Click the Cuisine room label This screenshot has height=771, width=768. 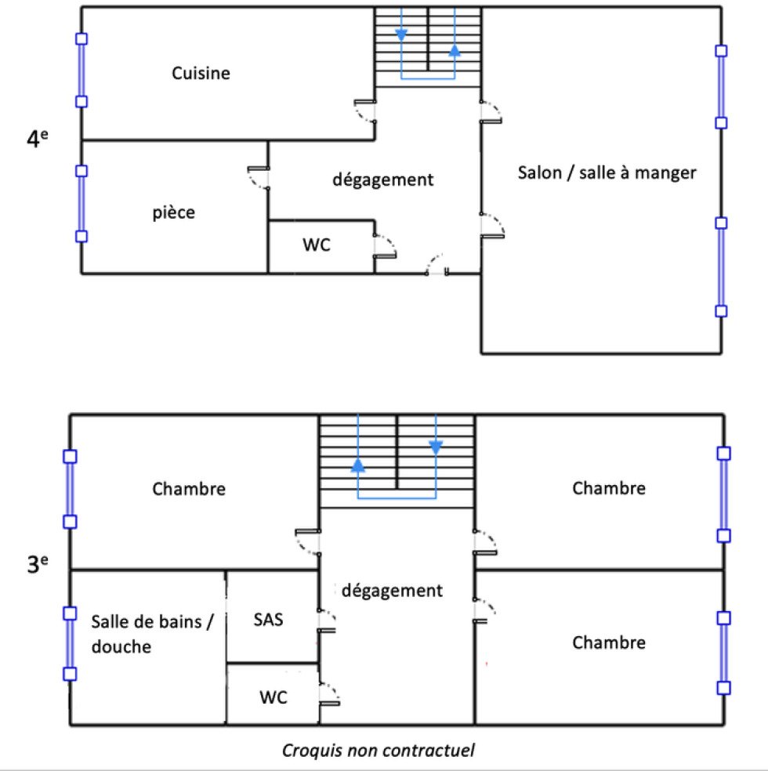[201, 74]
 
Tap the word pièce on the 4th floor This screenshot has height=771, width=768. [173, 213]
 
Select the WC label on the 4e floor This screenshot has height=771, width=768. [316, 245]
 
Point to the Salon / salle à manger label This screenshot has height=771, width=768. [607, 173]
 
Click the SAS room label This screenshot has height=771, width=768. [269, 620]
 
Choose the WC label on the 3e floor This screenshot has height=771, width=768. [274, 697]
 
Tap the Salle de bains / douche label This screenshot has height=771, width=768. [152, 634]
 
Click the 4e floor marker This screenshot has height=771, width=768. [38, 138]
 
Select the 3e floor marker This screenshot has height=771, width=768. [38, 564]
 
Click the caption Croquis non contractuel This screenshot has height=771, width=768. [378, 751]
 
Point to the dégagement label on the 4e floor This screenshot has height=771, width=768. [383, 180]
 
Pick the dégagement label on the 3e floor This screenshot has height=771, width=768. [392, 591]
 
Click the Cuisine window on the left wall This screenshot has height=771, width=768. [82, 71]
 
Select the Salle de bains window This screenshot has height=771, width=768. [71, 643]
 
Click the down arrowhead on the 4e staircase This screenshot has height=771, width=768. [401, 35]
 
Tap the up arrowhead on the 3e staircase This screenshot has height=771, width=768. [358, 465]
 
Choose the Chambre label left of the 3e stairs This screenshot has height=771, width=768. [189, 489]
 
